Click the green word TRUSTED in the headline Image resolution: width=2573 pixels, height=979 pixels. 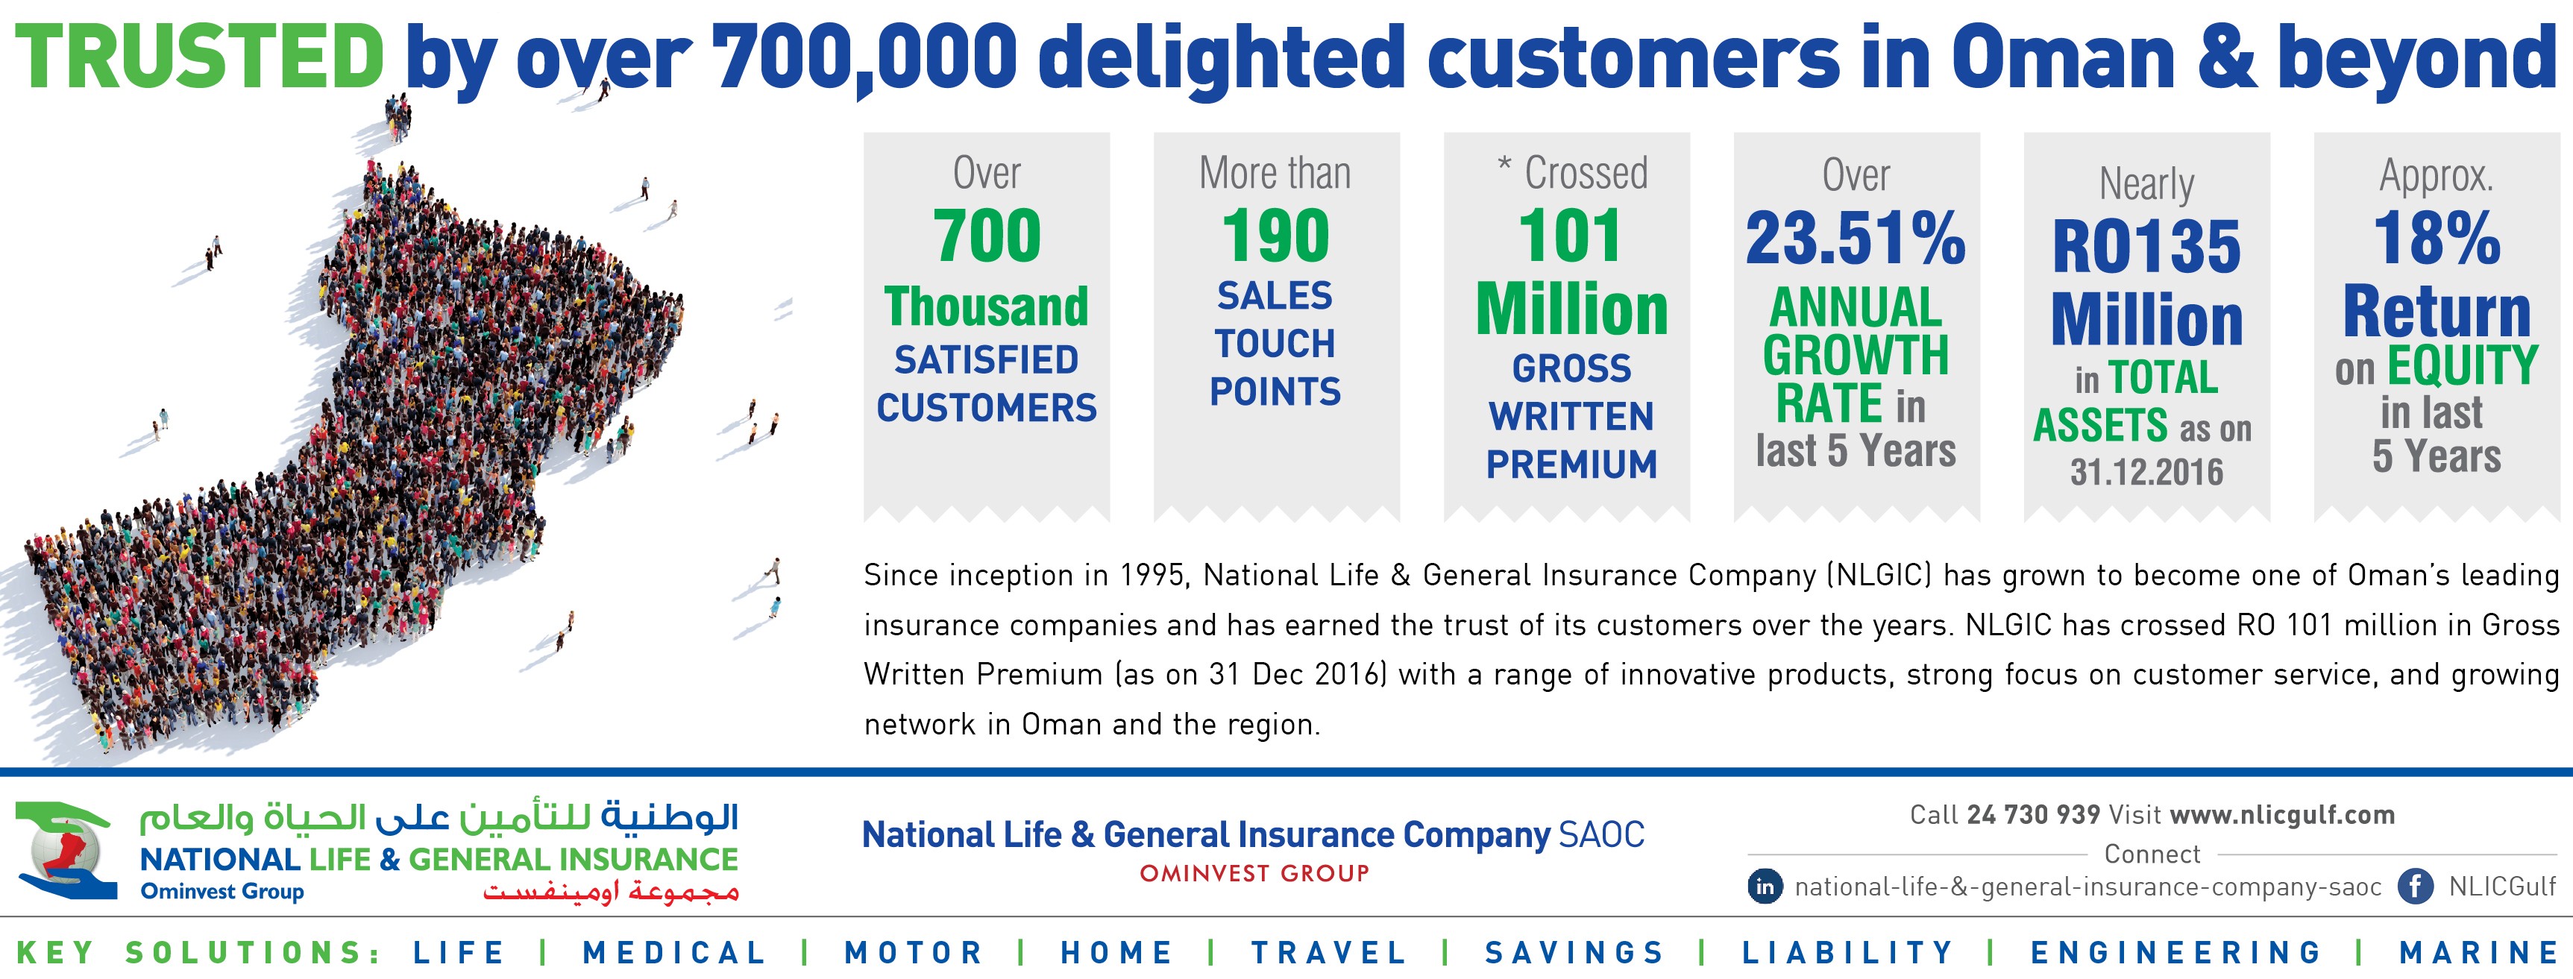tap(200, 57)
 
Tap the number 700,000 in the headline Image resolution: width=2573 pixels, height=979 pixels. tap(863, 57)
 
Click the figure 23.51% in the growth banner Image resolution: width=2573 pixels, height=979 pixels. tap(1855, 240)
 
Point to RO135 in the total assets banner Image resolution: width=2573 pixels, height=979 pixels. tap(2146, 247)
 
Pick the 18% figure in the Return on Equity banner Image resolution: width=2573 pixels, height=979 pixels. tap(2437, 240)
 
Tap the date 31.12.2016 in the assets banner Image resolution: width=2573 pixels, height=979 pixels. tap(2146, 471)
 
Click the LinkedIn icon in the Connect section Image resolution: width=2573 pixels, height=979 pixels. tap(1765, 886)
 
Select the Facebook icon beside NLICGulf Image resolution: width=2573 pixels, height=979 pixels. tap(2415, 886)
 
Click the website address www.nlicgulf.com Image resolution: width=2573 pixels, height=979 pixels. tap(2282, 815)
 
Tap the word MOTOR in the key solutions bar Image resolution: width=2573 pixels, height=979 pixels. tap(914, 952)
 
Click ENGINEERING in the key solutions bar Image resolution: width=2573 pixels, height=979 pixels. tap(2175, 952)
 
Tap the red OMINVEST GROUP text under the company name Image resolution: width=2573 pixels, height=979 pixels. tap(1254, 873)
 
